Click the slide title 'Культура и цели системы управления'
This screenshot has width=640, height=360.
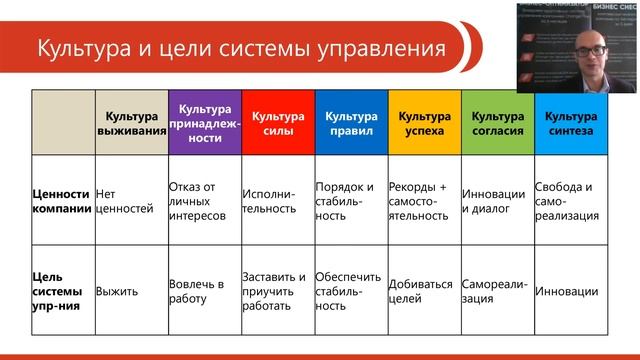[240, 47]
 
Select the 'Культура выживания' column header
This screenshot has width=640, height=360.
[130, 122]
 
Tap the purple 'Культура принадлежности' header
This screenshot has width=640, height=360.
[204, 122]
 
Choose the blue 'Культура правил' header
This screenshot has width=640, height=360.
[350, 122]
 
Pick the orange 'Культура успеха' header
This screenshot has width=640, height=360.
[424, 122]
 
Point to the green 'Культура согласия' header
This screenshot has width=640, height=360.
[497, 122]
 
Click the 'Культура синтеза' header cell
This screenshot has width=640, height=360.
[570, 122]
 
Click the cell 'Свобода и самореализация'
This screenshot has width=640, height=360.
[567, 201]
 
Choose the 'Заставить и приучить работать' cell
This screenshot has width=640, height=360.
[274, 292]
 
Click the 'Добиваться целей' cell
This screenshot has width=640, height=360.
[420, 292]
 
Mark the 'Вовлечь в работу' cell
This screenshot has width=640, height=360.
[196, 292]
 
